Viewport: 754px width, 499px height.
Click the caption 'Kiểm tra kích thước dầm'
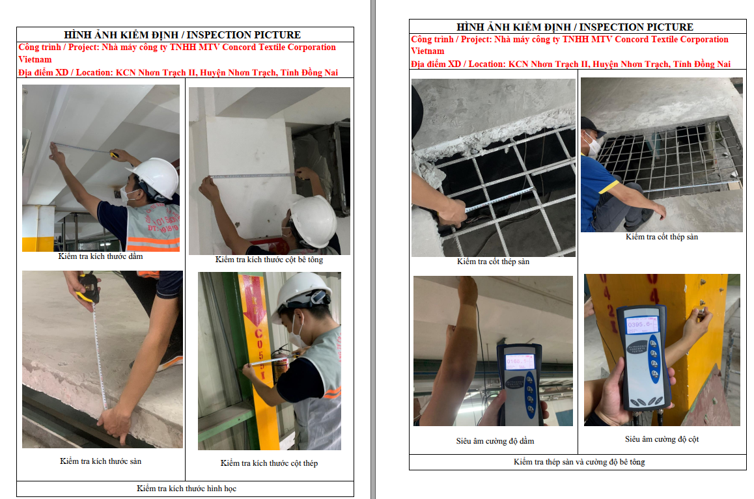100,256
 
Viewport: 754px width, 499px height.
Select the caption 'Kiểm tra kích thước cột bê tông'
270,260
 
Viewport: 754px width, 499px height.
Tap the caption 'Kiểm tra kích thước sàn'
100,461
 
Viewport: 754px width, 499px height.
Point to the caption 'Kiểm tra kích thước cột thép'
270,463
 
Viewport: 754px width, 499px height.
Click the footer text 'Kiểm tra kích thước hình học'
187,489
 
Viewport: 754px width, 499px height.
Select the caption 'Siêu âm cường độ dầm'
496,441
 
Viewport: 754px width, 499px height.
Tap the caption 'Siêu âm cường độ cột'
662,439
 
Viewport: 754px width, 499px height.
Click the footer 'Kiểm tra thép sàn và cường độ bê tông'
579,462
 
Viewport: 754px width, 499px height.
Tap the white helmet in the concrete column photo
313,221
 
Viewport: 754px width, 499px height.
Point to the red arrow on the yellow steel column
254,300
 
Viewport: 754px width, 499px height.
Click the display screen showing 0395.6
641,325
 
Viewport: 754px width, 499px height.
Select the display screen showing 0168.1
520,361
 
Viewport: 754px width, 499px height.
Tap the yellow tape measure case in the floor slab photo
87,287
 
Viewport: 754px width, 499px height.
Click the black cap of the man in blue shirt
592,127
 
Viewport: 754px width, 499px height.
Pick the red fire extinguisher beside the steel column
281,366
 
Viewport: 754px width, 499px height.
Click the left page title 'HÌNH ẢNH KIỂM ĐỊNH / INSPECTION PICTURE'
182,34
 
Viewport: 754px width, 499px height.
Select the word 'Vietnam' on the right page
428,51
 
